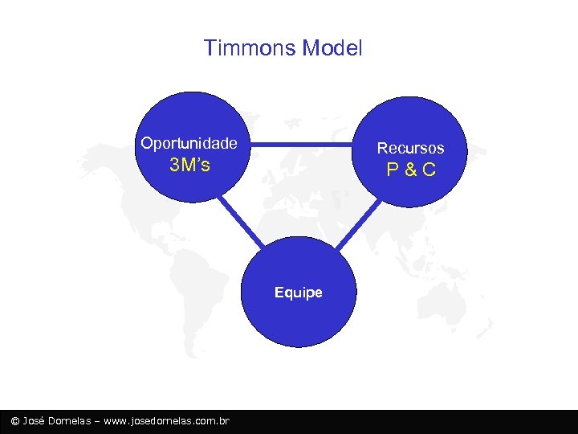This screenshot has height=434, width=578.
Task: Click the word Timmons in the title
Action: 250,48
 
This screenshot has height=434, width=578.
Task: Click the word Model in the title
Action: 332,48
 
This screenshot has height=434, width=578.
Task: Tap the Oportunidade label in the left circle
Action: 189,144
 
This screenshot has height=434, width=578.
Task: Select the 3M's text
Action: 190,166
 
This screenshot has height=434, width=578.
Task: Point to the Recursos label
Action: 410,148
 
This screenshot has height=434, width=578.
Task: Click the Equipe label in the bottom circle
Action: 298,293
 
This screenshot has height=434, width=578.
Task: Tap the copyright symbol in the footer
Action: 14,421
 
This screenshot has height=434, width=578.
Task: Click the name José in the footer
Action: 34,421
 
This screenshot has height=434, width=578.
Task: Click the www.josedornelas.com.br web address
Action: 167,421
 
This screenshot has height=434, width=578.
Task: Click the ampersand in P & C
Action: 410,170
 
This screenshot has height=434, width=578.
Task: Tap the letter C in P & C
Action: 429,170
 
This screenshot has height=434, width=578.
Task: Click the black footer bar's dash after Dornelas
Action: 98,421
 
